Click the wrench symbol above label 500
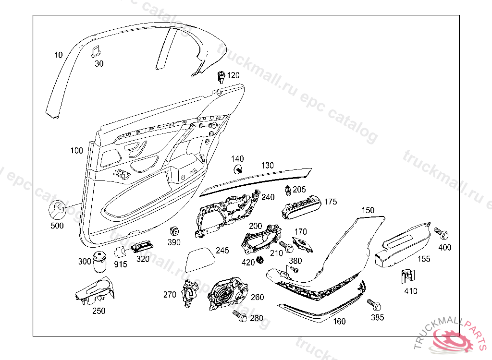(x=58, y=209)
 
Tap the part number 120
(x=233, y=75)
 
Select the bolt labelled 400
(x=441, y=234)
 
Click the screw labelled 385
(x=374, y=304)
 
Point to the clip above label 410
(x=408, y=276)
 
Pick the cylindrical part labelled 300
(x=99, y=261)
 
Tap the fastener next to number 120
(x=221, y=77)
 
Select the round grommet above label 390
(x=174, y=232)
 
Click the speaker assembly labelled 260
(x=227, y=293)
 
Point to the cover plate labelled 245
(x=200, y=260)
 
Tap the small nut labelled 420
(x=260, y=260)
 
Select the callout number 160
(x=339, y=322)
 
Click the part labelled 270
(x=190, y=293)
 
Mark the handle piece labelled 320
(x=143, y=247)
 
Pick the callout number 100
(x=76, y=151)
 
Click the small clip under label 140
(x=238, y=169)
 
